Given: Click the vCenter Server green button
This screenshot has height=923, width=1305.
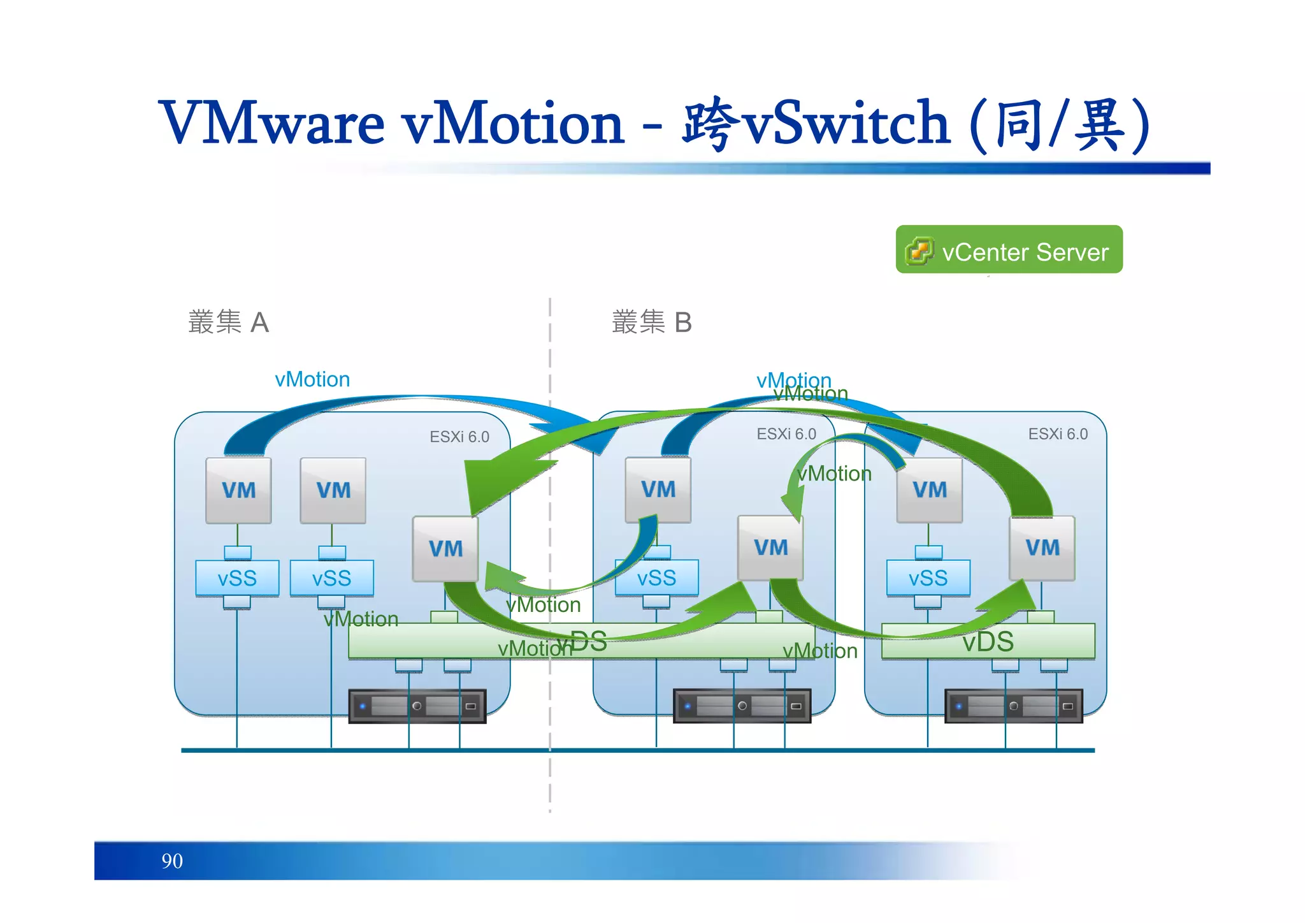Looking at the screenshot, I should pos(1009,249).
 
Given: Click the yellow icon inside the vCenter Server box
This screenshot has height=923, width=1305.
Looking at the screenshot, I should pos(919,251).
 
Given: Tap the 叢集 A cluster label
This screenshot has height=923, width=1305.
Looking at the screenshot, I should pos(228,322).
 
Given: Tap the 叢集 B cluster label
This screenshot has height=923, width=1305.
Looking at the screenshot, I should pos(651,322).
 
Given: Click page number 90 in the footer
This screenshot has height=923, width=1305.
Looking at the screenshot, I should pos(172,861).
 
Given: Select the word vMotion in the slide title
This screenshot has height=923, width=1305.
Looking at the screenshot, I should pos(513,122).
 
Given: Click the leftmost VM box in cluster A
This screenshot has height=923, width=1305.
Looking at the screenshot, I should pos(238,490).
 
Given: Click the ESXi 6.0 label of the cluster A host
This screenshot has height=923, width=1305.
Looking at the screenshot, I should pos(459,437).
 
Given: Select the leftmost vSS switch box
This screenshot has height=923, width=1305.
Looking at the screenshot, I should pos(237,578).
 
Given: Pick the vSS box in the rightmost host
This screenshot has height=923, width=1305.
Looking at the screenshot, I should pos(928,578).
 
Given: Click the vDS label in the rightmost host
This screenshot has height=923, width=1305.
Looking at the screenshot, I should pos(988,641).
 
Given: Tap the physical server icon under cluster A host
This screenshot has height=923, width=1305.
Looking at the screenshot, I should pos(417,706).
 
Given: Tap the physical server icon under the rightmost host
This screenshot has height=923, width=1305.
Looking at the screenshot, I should pos(1013,706).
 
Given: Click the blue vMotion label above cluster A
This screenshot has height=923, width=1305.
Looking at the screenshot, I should pos(312,379).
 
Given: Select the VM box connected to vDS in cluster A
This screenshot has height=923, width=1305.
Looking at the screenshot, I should pos(445,549).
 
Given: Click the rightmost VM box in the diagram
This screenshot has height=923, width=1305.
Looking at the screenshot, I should pos(1042,548).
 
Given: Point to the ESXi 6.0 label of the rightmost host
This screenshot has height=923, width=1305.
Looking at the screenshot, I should pos(1058,434).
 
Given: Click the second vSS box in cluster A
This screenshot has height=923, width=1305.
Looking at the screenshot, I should pos(331,578).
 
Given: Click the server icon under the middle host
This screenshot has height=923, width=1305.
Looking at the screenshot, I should pos(742,706).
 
